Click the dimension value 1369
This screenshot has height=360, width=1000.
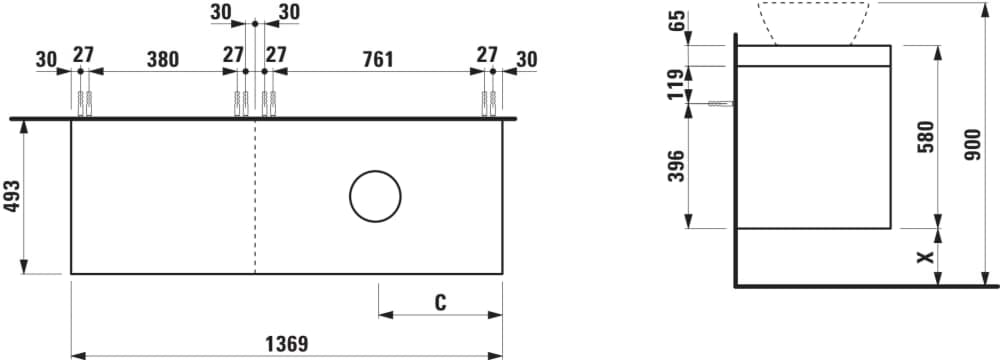[x=286, y=344]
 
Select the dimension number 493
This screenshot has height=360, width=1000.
[x=12, y=197]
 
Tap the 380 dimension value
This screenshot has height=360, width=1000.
[x=163, y=59]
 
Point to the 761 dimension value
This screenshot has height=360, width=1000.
[x=378, y=59]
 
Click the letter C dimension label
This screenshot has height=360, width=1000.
[x=440, y=303]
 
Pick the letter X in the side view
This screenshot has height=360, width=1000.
[x=925, y=257]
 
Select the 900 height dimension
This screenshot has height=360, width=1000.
[x=973, y=144]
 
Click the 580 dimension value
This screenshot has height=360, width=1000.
[x=926, y=136]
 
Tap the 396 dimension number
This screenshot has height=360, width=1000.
[x=676, y=166]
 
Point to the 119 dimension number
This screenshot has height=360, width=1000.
[x=676, y=84]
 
